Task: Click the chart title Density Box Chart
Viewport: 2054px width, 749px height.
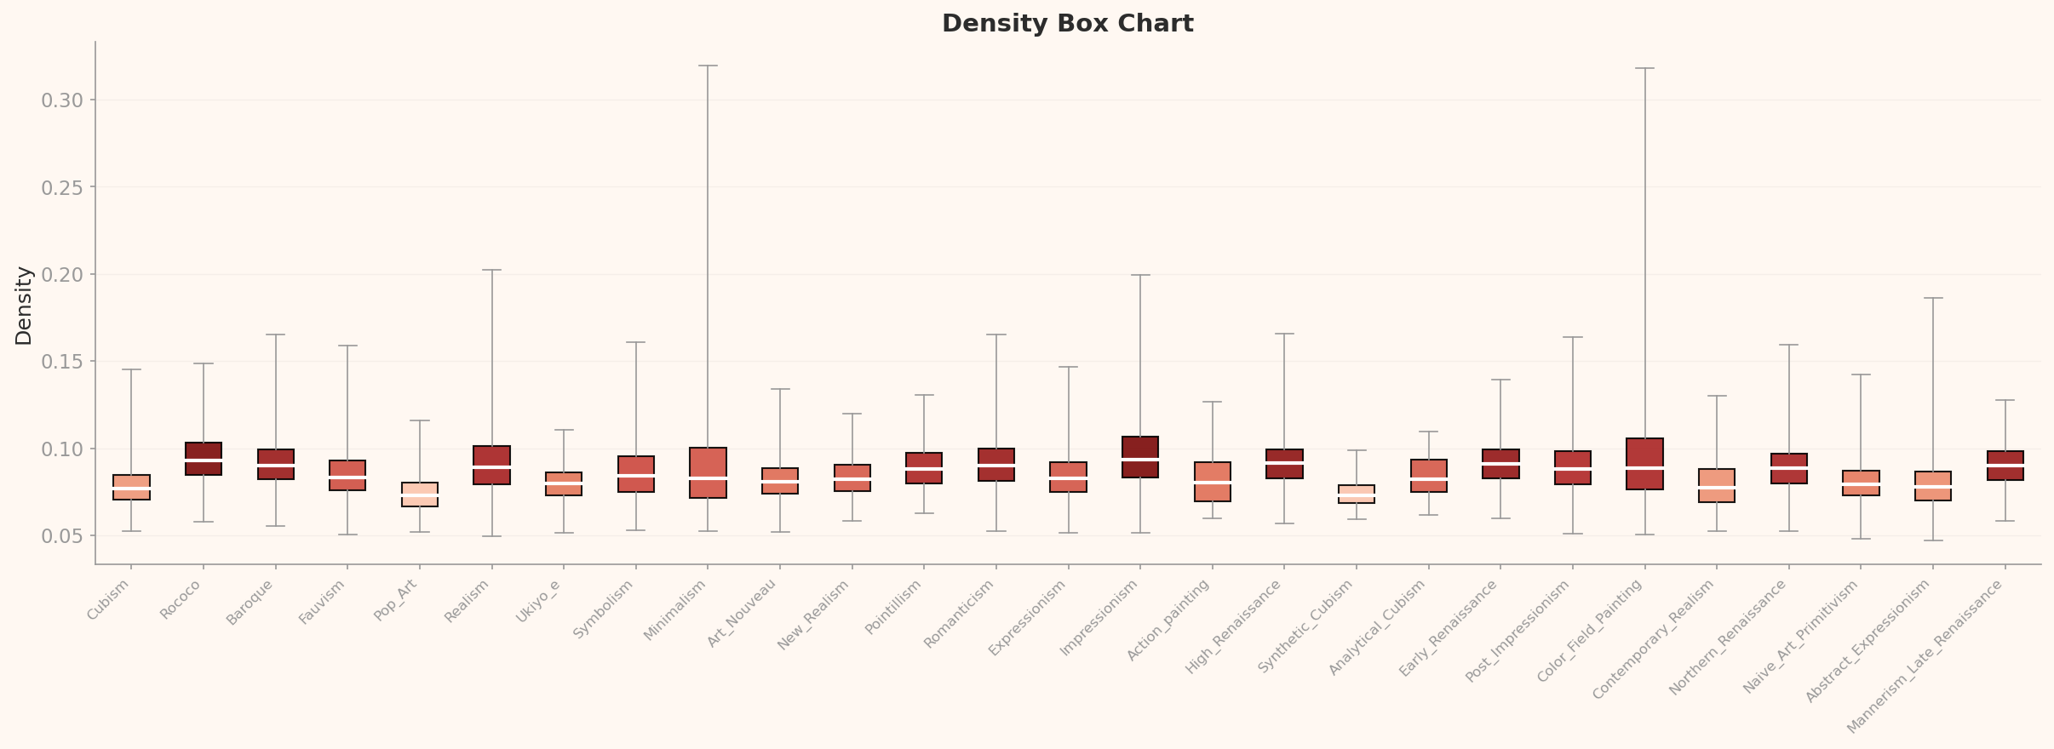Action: point(1067,24)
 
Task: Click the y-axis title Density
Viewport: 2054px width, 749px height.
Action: point(24,306)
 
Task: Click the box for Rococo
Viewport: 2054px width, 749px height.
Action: point(204,459)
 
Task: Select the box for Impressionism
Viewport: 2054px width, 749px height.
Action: point(1140,457)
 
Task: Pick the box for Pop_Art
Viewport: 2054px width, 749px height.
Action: point(420,495)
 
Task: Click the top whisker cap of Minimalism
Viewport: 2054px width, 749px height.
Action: point(708,66)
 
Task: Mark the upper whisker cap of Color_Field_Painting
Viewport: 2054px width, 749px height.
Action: point(1644,68)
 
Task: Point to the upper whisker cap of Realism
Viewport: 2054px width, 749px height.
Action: point(492,270)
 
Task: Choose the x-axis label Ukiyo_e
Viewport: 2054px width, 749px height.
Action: point(540,602)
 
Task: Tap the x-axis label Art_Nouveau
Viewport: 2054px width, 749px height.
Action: point(743,614)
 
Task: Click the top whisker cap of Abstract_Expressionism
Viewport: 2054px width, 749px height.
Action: point(1933,298)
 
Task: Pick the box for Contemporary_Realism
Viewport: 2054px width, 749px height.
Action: point(1717,485)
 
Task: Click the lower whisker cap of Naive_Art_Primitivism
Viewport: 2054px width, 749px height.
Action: point(1861,539)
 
